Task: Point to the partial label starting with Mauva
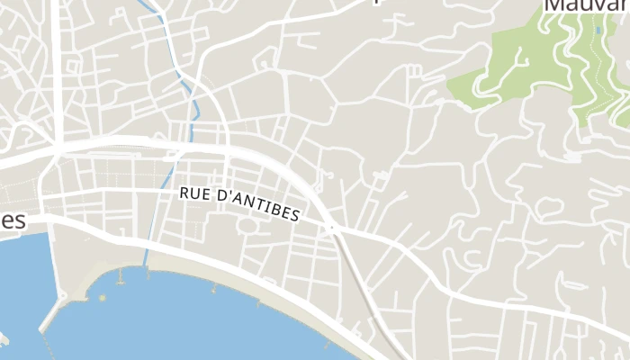coord(585,7)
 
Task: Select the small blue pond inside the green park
coord(598,31)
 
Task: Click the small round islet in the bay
coord(102,297)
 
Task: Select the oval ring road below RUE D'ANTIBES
coord(251,224)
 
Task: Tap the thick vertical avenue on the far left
coord(57,72)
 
